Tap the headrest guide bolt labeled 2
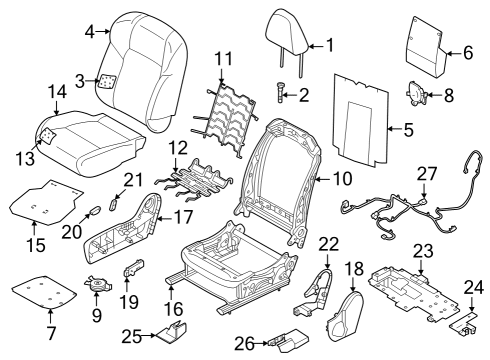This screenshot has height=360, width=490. click(x=281, y=95)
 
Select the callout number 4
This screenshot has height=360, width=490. click(x=89, y=32)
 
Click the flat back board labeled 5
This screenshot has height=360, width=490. click(x=359, y=115)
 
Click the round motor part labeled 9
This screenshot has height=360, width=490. click(x=96, y=285)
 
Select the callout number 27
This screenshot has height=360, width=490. click(x=427, y=174)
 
